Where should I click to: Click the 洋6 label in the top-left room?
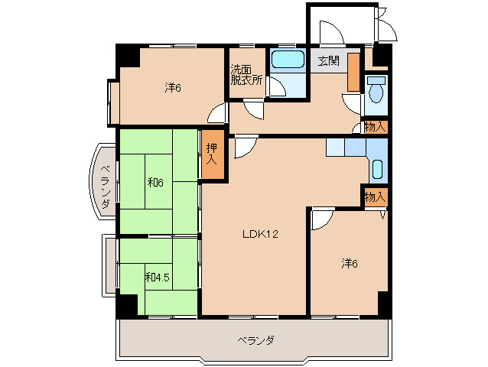click(x=172, y=87)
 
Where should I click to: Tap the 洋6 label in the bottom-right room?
click(x=350, y=264)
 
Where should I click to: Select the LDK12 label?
click(x=260, y=234)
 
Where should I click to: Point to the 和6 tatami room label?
click(x=156, y=182)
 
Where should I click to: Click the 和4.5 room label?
click(x=156, y=276)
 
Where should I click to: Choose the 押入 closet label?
click(x=213, y=155)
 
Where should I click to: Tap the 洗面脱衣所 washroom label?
click(x=246, y=75)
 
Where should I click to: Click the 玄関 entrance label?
click(x=329, y=60)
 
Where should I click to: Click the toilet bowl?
click(x=375, y=92)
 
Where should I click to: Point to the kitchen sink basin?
click(x=378, y=168)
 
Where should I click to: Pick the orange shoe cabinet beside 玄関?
click(x=353, y=73)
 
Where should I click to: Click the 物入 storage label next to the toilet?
click(x=375, y=127)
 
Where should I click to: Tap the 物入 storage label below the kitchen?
click(x=375, y=197)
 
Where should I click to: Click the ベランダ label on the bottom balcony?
click(x=255, y=339)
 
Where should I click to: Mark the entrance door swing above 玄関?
click(x=330, y=32)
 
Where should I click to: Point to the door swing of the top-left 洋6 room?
click(x=217, y=115)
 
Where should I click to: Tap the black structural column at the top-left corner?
click(x=126, y=56)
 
